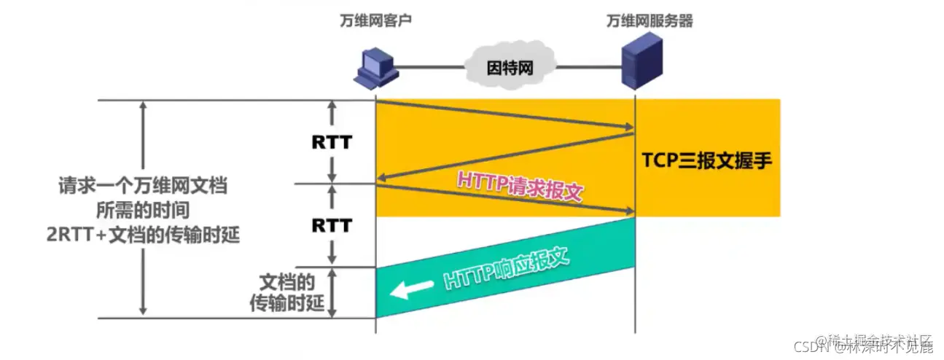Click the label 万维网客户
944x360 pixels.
(375, 21)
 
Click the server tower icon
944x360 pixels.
(635, 64)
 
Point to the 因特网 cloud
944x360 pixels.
(510, 68)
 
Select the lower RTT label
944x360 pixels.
(332, 225)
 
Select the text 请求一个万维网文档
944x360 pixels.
(143, 186)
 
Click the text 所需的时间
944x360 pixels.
(143, 211)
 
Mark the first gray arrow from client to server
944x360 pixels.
(503, 117)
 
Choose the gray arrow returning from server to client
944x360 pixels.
(503, 157)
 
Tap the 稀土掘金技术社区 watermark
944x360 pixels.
(875, 340)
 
